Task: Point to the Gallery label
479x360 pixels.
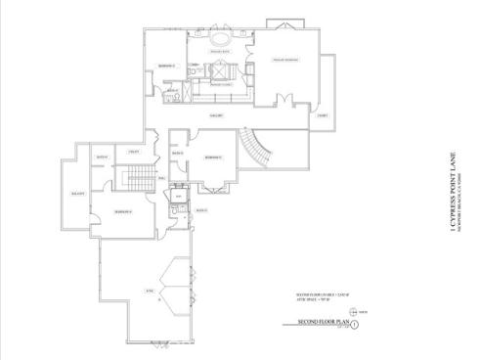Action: [219, 115]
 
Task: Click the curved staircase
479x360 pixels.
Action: [255, 148]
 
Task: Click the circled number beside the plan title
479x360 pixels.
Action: [356, 323]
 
